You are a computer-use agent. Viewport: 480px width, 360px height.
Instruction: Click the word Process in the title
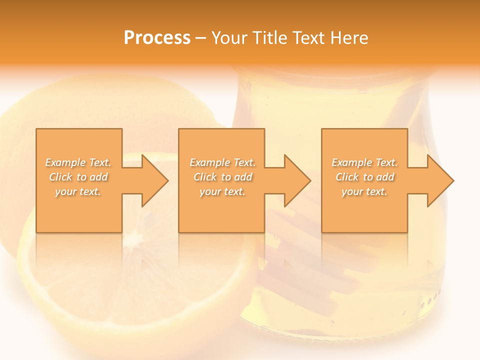157,38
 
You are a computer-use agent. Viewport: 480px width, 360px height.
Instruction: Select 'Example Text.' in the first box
78,162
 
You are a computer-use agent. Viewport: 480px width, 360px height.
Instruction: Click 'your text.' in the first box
78,191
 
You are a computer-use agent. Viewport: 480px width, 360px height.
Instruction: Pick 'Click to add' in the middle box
222,177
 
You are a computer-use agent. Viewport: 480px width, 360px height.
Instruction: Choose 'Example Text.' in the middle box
222,162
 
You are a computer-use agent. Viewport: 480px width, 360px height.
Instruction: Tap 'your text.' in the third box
364,191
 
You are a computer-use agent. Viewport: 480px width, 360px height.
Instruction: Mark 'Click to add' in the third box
364,177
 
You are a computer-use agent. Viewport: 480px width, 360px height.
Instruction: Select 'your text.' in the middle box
222,191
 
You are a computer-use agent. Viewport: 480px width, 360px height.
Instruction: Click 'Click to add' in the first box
78,177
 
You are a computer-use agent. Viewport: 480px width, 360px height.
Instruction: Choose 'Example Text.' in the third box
364,162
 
